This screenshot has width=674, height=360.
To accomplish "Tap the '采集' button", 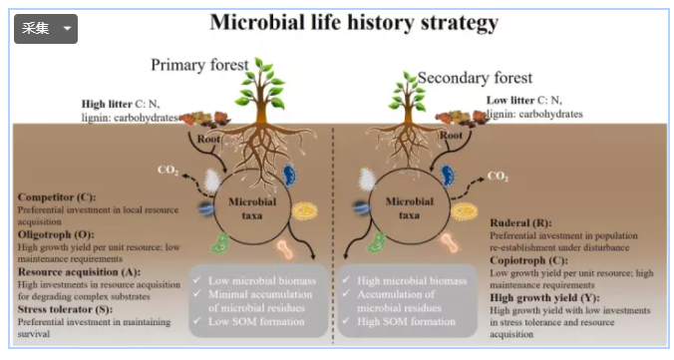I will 45,28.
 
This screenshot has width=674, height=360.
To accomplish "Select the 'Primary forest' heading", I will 199,65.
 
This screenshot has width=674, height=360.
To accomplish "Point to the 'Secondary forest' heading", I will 475,77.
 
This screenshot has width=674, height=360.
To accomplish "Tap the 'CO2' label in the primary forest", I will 168,170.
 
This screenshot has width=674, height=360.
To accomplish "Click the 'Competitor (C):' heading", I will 60,197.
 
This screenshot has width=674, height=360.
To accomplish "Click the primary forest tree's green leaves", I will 263,78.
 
